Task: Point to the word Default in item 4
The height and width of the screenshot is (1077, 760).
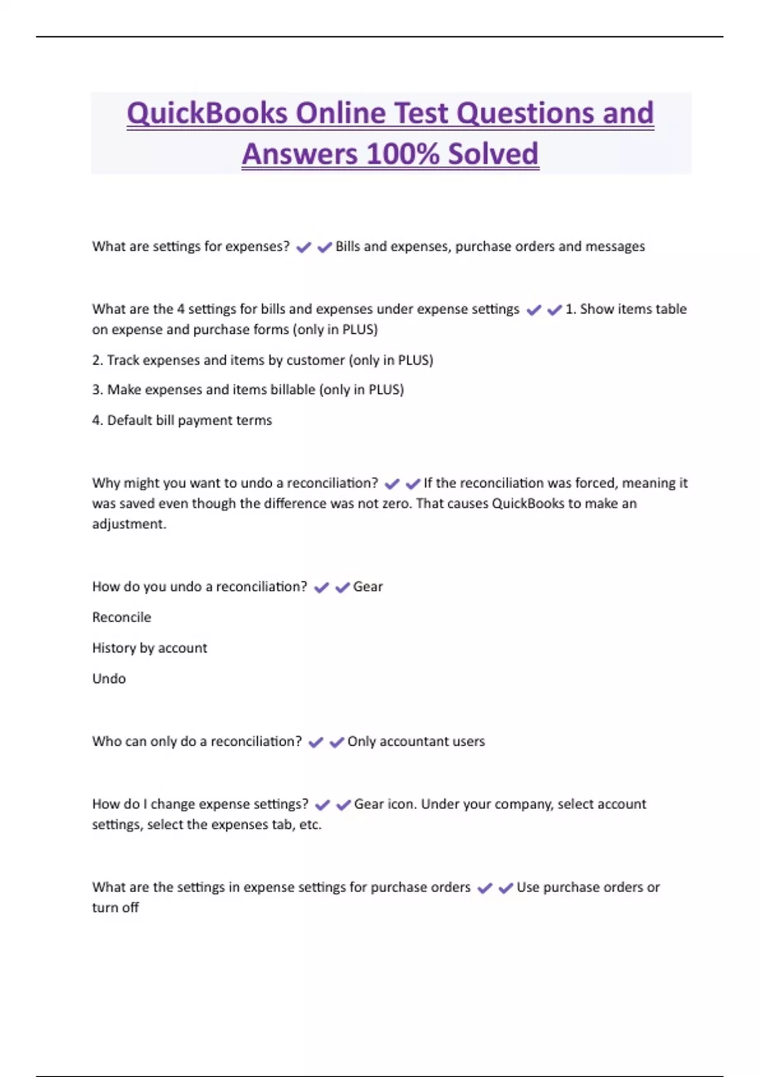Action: [x=129, y=420]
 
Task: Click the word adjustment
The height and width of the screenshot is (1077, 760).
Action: [x=129, y=524]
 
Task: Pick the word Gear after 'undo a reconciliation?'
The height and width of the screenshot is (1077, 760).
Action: [x=368, y=587]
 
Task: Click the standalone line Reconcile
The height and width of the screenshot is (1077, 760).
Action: [x=122, y=617]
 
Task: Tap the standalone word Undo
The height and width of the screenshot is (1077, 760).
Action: [x=109, y=679]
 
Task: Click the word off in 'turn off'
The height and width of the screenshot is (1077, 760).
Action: [x=130, y=907]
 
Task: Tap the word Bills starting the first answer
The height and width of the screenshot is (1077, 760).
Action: [x=348, y=246]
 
